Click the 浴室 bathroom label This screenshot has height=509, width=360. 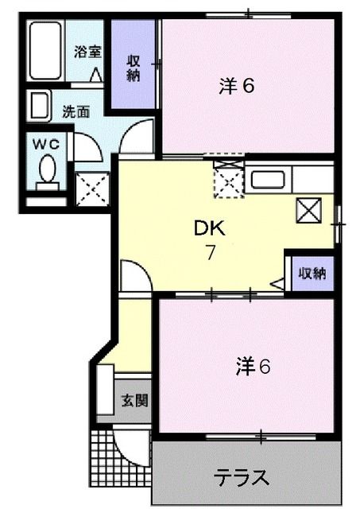(87, 53)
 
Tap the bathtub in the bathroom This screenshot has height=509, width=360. (45, 52)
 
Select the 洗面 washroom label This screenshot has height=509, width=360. (75, 112)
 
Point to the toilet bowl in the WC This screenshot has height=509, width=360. (48, 169)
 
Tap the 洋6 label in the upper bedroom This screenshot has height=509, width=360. (237, 86)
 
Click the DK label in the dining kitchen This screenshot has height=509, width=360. (211, 230)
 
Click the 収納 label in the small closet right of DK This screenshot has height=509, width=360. (311, 274)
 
